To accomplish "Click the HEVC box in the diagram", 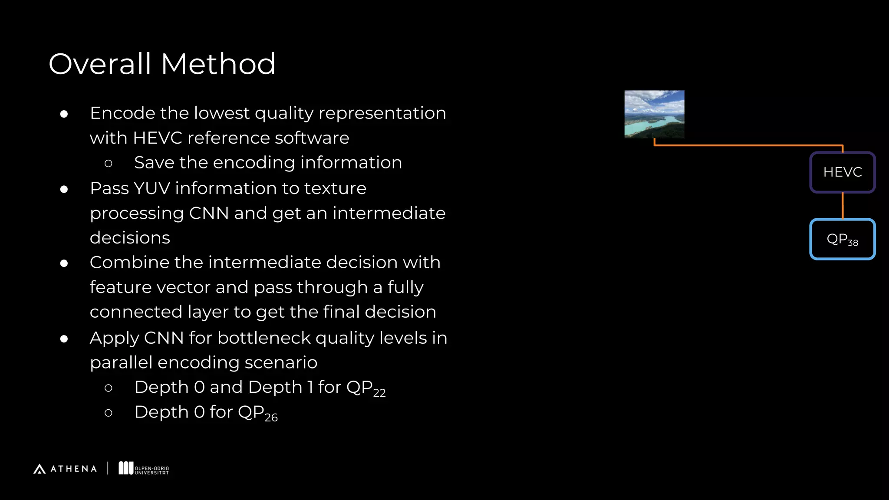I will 842,172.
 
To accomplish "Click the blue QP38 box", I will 842,239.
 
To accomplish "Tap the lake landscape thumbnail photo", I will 654,114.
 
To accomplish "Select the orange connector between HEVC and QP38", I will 843,206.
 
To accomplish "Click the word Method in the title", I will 218,64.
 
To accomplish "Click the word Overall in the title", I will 100,64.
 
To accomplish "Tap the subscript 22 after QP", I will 379,393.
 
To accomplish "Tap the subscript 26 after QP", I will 271,418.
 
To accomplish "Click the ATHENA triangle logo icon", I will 40,469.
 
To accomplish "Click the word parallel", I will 121,363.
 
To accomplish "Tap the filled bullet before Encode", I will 64,114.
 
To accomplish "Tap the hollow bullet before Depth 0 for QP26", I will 109,413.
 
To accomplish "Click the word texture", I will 335,188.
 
